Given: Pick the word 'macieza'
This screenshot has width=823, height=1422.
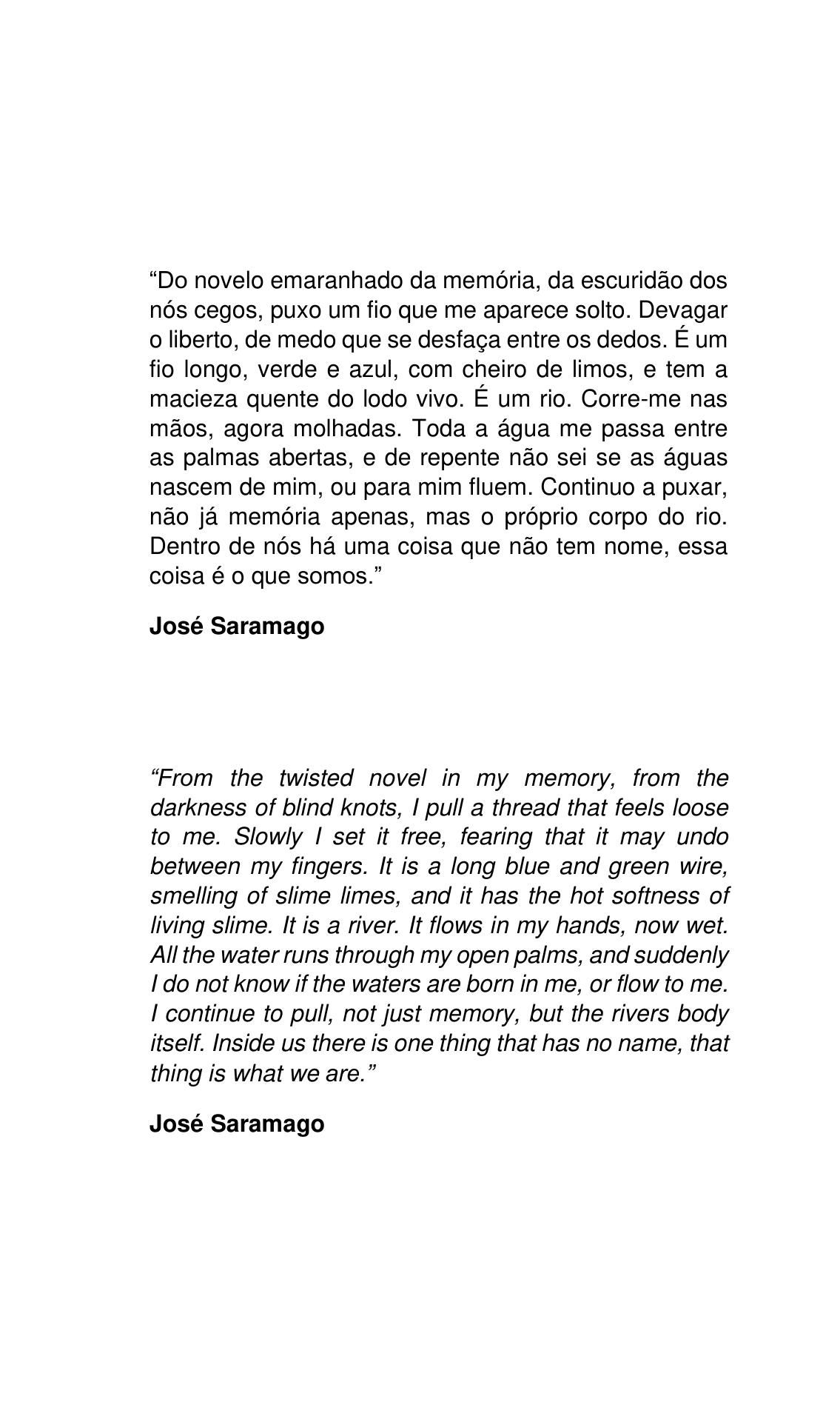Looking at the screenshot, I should tap(194, 399).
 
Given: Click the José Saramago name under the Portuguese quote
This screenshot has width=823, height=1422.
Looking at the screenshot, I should tap(237, 627).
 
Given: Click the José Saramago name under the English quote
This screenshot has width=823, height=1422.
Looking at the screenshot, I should tap(237, 1124).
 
